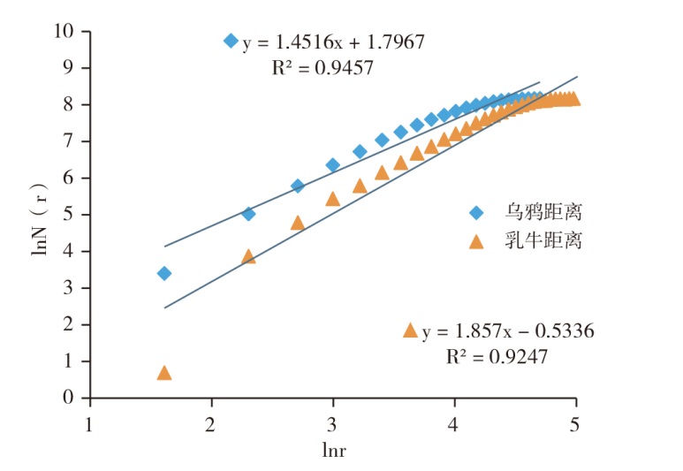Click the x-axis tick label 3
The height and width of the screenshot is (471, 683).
tap(332, 422)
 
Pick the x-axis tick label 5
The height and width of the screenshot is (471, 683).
tap(576, 422)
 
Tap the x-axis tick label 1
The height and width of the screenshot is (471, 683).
tap(89, 422)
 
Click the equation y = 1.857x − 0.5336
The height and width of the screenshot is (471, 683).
tap(508, 332)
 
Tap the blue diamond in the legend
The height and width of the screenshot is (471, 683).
tap(476, 213)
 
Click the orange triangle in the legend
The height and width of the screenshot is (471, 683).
tap(476, 240)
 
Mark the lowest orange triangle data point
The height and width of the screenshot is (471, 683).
tap(163, 373)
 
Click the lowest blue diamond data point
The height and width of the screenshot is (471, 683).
tap(163, 273)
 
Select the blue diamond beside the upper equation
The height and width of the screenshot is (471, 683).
tap(231, 41)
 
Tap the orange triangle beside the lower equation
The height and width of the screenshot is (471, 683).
tap(409, 330)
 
